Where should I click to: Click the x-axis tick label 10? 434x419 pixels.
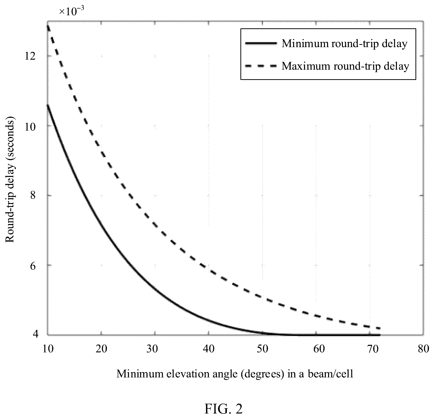(x=48, y=349)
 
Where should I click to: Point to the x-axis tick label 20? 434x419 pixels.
(x=102, y=349)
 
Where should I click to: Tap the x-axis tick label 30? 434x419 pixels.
(x=155, y=349)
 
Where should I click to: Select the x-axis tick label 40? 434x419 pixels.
(x=209, y=349)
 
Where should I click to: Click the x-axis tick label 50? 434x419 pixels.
(x=262, y=349)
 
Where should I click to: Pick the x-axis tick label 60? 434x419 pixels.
(x=316, y=349)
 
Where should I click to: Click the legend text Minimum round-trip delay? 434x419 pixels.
(x=345, y=44)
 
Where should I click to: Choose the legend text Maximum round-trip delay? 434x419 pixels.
(x=345, y=66)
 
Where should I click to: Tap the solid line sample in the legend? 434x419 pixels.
(x=261, y=43)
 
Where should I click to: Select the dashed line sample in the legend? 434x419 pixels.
(x=261, y=66)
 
